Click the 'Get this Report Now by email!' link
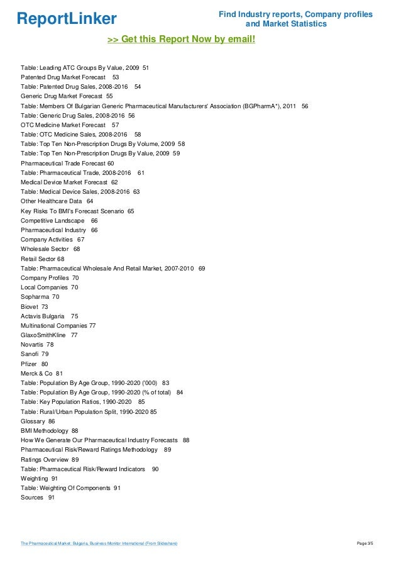(x=182, y=40)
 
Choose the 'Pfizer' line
(x=30, y=364)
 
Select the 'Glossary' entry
(x=33, y=421)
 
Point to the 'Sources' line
(x=32, y=498)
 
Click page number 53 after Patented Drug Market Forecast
(x=116, y=77)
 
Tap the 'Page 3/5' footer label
(x=365, y=543)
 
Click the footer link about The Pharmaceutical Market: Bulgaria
(x=99, y=543)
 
